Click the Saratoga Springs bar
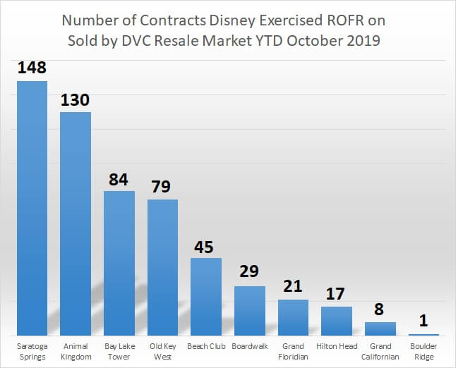[x=32, y=208]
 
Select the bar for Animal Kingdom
[x=76, y=223]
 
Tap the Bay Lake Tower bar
[x=119, y=263]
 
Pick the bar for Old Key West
[x=162, y=267]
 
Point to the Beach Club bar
[x=206, y=297]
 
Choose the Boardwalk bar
[x=250, y=311]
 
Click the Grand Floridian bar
[x=293, y=317]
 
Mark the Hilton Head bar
[x=337, y=321]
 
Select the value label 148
[x=32, y=69]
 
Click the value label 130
[x=76, y=100]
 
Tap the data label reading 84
[x=119, y=179]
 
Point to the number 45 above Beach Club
[x=205, y=247]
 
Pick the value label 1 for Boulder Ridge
[x=424, y=321]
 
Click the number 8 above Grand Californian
[x=380, y=309]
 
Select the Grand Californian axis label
[x=380, y=351]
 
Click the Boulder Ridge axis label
[x=423, y=351]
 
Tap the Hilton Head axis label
[x=337, y=347]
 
